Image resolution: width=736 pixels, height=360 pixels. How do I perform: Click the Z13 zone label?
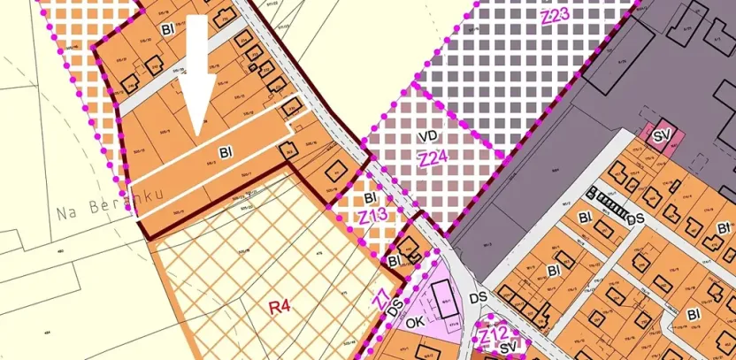pos(372,216)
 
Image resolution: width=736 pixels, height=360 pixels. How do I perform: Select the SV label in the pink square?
pos(661,136)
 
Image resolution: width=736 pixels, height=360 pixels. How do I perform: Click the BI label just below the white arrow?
pos(212,151)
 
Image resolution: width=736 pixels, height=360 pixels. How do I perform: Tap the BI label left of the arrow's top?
pos(168,29)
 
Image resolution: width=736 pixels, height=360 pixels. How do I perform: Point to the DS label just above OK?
pos(395,305)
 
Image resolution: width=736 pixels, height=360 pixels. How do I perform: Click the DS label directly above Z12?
pos(479,298)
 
